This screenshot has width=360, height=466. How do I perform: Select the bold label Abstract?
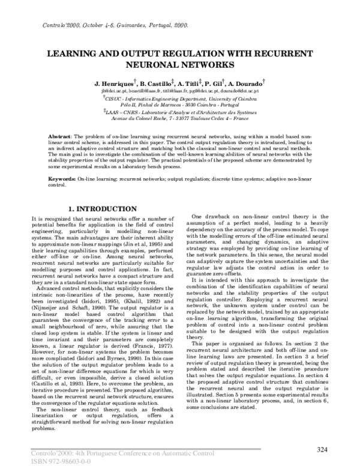click(60, 138)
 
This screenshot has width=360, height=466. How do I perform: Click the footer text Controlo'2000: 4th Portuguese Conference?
click(90, 452)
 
